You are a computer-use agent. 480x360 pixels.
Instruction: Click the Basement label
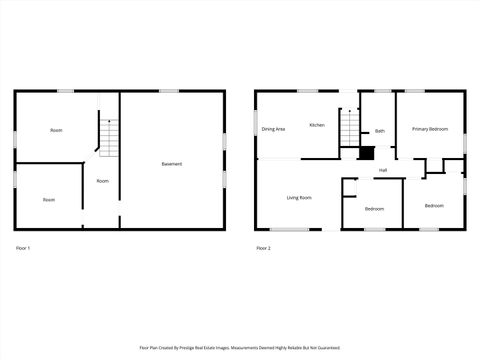tap(172, 164)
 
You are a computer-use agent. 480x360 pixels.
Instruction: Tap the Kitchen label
tap(316, 125)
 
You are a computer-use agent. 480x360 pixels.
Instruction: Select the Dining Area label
tap(273, 129)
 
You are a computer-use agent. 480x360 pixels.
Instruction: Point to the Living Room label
tap(299, 198)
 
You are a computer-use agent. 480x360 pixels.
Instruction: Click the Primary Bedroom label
tap(431, 129)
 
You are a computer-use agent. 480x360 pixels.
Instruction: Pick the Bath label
tap(380, 131)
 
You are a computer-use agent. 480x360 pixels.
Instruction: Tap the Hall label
tap(382, 171)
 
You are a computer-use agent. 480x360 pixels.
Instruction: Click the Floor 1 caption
tap(24, 247)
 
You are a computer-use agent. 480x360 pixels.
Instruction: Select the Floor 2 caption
tap(263, 247)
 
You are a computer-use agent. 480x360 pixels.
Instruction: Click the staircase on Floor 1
tap(108, 133)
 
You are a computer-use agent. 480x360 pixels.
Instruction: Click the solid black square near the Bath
tap(367, 153)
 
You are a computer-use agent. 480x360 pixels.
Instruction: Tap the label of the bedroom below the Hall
tap(374, 208)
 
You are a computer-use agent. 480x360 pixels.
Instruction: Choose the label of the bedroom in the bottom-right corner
tap(433, 205)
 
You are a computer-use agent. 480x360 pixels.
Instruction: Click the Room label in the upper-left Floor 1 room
tap(56, 130)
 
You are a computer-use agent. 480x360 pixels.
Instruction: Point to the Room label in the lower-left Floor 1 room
tap(49, 199)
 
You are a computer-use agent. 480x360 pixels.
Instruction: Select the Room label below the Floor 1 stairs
tap(102, 181)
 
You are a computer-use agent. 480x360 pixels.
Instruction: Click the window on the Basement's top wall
tap(168, 91)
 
